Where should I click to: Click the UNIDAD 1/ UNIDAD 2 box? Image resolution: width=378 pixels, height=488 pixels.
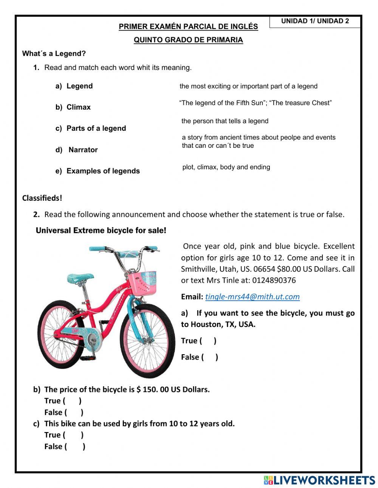tap(315, 22)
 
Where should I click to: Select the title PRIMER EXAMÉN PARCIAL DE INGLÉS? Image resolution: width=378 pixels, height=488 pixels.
tap(188, 27)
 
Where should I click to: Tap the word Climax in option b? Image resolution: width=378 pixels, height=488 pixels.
tap(79, 107)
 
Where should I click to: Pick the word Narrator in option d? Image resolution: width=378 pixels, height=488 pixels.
tap(83, 150)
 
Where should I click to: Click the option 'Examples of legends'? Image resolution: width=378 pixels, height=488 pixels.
tap(103, 171)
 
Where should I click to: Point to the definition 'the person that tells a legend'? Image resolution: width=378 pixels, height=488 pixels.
tap(225, 121)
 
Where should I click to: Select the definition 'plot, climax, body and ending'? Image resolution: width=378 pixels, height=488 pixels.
tap(226, 167)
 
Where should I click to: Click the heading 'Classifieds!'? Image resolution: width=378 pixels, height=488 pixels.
tap(42, 198)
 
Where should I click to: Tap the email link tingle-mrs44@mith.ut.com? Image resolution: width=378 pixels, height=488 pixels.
tap(252, 297)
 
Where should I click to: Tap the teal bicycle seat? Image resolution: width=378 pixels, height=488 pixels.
tap(80, 279)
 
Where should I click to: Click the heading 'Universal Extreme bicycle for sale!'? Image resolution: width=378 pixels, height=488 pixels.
tap(101, 231)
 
